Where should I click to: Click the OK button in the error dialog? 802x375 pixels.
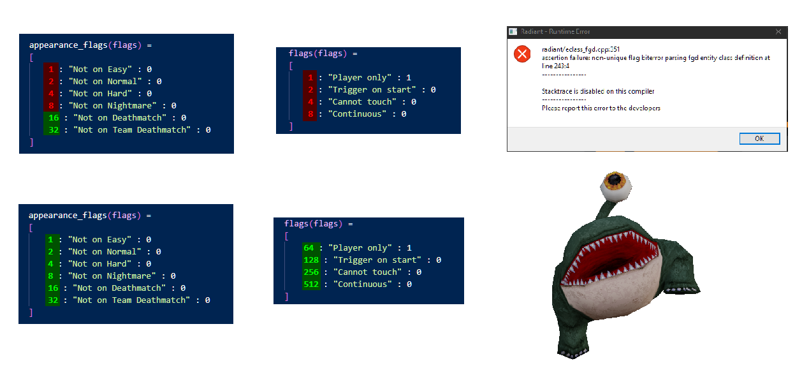pos(759,138)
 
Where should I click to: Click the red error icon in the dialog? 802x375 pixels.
pos(522,54)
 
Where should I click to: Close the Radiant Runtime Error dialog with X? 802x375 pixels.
pos(778,31)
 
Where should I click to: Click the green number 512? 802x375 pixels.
pos(311,284)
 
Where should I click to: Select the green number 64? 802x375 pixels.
pos(309,248)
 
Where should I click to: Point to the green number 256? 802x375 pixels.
pos(311,272)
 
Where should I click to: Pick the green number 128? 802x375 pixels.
pos(311,260)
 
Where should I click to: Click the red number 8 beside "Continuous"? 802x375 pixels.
pos(310,114)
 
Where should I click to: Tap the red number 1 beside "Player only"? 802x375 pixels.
pos(310,78)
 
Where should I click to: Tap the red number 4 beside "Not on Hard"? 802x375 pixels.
pos(50,94)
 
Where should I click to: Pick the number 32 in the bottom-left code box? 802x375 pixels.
pos(52,300)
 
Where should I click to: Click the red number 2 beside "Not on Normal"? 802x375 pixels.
pos(50,82)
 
